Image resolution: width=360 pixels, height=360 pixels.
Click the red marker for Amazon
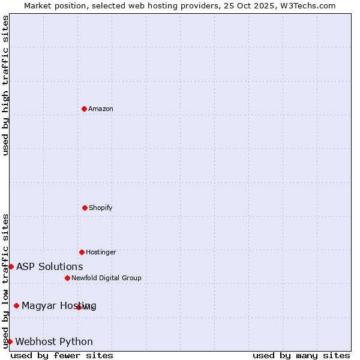[x=84, y=109]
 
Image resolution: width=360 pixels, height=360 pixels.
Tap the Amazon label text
[x=101, y=109]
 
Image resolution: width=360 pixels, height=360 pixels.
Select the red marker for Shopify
[x=85, y=208]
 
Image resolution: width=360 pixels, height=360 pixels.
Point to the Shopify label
[x=101, y=208]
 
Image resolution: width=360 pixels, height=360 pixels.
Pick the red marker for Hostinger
[x=82, y=252]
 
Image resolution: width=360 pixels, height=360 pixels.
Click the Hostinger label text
[x=101, y=253]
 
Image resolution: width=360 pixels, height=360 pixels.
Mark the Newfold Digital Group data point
[x=67, y=278]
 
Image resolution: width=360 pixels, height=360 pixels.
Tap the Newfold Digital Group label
[x=106, y=278]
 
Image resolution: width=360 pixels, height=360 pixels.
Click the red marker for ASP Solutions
[x=11, y=266]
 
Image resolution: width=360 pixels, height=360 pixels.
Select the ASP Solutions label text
[x=50, y=267]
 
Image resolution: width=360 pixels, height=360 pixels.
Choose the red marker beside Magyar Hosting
[x=16, y=305]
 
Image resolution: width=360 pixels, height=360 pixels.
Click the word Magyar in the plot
[x=37, y=306]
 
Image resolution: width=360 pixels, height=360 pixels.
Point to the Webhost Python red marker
[x=10, y=341]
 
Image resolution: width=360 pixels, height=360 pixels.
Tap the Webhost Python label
[x=54, y=342]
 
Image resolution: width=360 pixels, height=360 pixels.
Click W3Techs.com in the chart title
[x=306, y=6]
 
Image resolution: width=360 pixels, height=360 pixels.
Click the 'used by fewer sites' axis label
[x=62, y=355]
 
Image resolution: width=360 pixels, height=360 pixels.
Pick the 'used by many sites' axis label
[x=301, y=355]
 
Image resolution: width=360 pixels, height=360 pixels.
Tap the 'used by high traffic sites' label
[x=6, y=85]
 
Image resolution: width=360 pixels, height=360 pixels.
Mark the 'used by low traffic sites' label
[x=6, y=281]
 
